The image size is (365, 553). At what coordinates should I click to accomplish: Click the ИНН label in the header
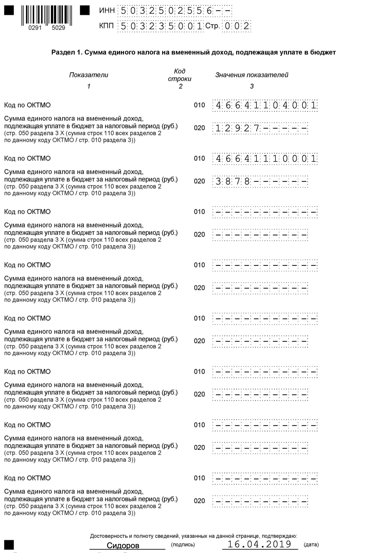[107, 10]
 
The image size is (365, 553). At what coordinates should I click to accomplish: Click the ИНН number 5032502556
[166, 11]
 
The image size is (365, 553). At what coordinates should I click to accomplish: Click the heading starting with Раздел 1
[193, 52]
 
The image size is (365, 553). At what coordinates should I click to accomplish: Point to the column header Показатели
[88, 75]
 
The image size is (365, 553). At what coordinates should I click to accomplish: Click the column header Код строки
[179, 75]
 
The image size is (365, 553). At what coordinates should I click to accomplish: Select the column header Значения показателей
[252, 75]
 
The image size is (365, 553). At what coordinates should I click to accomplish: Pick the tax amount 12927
[237, 128]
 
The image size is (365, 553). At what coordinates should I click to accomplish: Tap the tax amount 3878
[232, 181]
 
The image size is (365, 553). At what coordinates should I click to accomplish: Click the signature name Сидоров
[123, 545]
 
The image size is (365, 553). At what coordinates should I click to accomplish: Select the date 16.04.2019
[259, 544]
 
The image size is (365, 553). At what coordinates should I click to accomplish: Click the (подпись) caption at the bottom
[183, 544]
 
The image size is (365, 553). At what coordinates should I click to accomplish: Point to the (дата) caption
[311, 544]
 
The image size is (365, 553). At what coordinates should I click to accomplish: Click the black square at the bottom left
[9, 544]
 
